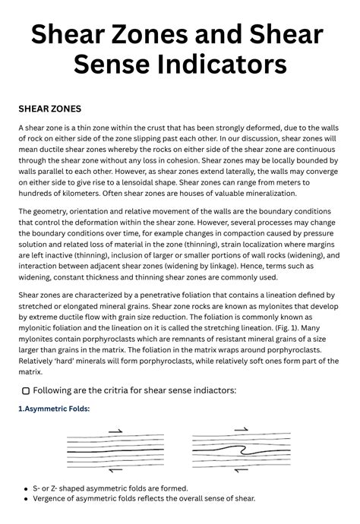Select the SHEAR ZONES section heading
[49, 109]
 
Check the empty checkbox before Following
[26, 390]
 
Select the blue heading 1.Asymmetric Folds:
[54, 409]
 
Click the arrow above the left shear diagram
[115, 431]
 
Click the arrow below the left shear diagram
[115, 471]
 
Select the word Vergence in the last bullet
[52, 498]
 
